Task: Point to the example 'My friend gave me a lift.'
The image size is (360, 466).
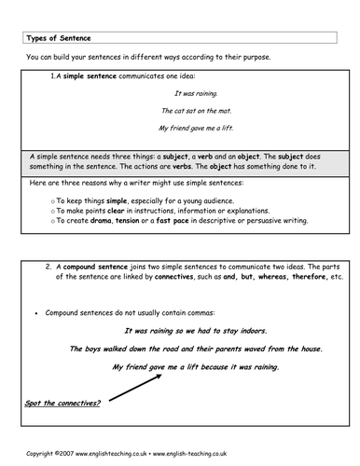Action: (199, 127)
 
